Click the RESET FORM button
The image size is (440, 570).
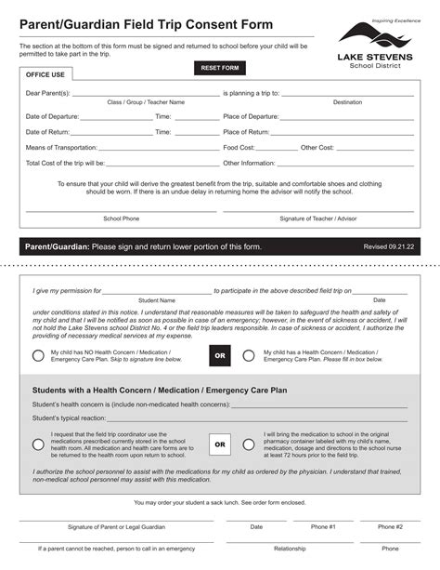click(x=220, y=68)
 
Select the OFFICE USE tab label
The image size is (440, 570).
click(x=45, y=74)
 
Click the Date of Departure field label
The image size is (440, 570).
click(x=52, y=116)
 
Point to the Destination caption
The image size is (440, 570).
click(x=347, y=102)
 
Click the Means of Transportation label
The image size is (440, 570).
click(x=60, y=147)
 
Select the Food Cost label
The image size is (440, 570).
click(x=239, y=147)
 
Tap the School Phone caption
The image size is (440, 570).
click(x=121, y=219)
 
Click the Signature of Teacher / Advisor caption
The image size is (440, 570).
click(x=317, y=219)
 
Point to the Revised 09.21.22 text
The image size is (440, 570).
click(x=388, y=246)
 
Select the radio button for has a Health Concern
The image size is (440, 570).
click(x=249, y=355)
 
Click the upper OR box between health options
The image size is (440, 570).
click(x=220, y=355)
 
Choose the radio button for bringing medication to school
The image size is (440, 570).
click(x=249, y=444)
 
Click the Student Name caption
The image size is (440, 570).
click(x=157, y=300)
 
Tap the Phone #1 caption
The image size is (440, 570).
click(x=323, y=526)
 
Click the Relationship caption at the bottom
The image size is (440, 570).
click(x=290, y=549)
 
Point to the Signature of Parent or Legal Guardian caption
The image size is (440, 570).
click(x=116, y=526)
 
